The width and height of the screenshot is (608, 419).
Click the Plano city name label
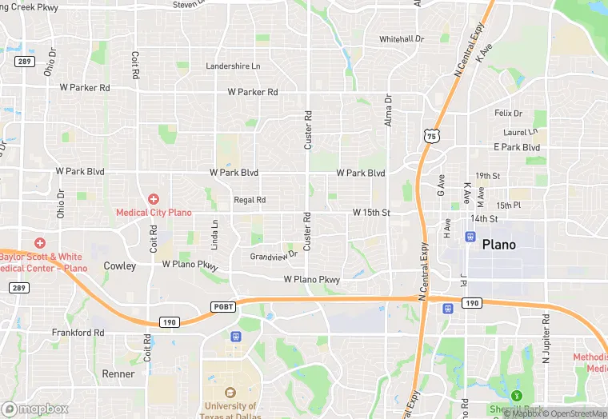pos(498,245)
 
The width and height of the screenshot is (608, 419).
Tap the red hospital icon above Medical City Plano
pos(154,198)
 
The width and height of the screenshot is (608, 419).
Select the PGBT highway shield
pos(222,306)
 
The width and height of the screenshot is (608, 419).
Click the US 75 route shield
pos(432,136)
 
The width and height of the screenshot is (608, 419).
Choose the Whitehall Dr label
pos(402,39)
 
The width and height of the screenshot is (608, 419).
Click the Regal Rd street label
pos(250,200)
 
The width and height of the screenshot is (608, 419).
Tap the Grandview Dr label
pos(273,256)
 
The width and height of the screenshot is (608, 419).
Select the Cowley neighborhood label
pos(120,265)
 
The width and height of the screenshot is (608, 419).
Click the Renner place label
pos(118,373)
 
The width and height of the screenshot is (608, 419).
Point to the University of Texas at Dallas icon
pos(231,393)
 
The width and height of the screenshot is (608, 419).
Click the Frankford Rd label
pos(78,332)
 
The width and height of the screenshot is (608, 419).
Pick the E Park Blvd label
pos(517,147)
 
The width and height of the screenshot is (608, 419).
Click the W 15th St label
pos(371,212)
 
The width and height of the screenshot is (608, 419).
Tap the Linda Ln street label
pos(214,235)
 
